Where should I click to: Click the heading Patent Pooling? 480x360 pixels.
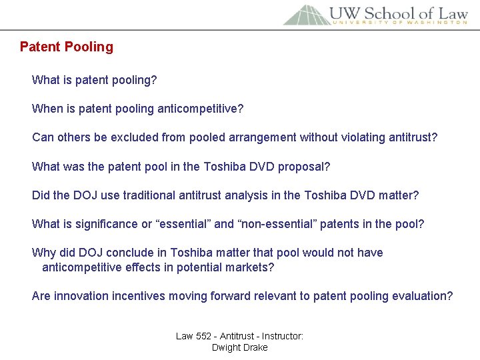coord(67,47)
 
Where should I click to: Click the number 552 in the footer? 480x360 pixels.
coord(208,336)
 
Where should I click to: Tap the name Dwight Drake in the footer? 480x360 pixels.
coord(239,347)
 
